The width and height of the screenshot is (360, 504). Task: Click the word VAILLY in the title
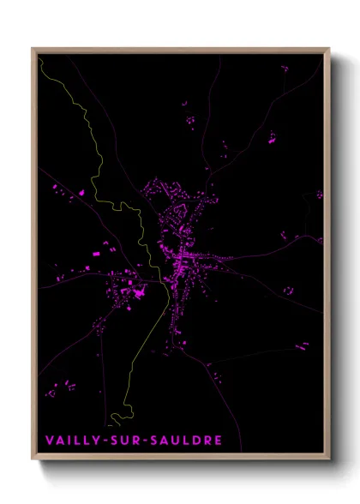71,441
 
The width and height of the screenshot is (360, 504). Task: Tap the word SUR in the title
123,441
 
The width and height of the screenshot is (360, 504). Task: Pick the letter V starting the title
49,441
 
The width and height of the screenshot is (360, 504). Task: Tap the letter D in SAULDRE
196,441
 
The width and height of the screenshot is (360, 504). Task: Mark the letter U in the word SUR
123,441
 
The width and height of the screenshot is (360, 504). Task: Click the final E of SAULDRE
219,441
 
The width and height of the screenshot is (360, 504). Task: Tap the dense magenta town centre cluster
182,257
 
